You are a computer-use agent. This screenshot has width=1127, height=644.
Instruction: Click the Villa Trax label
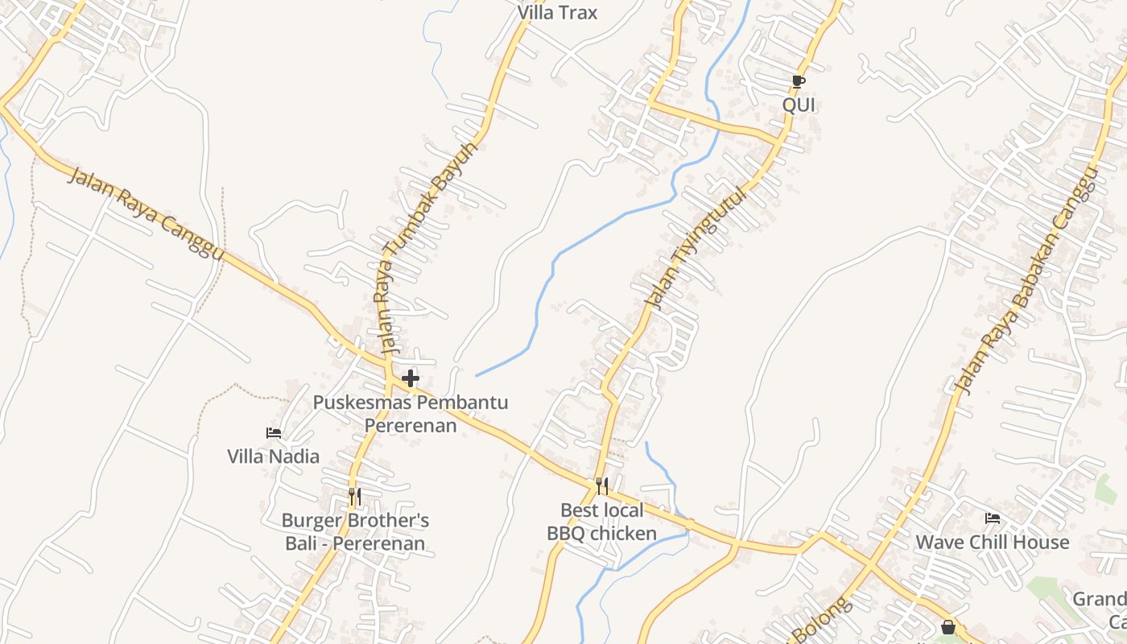[x=557, y=13]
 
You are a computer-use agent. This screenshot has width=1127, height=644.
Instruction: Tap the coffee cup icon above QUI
[x=797, y=82]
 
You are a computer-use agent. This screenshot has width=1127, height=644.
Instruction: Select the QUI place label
[x=799, y=105]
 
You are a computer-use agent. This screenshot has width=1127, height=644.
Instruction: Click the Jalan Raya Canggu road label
[x=145, y=213]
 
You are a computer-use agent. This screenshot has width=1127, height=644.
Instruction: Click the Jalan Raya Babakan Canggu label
[x=1026, y=282]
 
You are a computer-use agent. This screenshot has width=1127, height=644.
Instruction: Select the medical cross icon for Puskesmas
[x=411, y=378]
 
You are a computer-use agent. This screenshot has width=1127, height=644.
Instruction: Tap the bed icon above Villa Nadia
[x=274, y=433]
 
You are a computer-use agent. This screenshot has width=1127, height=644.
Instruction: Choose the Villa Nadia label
[x=273, y=456]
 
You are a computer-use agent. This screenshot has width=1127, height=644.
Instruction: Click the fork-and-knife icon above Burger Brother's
[x=355, y=497]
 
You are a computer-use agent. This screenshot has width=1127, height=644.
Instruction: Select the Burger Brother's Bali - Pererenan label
[x=355, y=531]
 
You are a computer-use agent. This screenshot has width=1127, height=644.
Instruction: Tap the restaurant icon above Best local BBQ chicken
[x=601, y=485]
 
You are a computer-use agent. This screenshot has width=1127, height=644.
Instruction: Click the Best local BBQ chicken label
[x=602, y=522]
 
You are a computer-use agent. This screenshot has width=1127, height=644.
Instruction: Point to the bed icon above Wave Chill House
[x=993, y=518]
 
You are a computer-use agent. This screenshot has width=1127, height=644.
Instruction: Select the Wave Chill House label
[x=993, y=542]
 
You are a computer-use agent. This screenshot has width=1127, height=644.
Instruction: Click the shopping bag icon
[x=948, y=627]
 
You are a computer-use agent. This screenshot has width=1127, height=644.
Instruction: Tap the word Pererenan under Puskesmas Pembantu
[x=411, y=424]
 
